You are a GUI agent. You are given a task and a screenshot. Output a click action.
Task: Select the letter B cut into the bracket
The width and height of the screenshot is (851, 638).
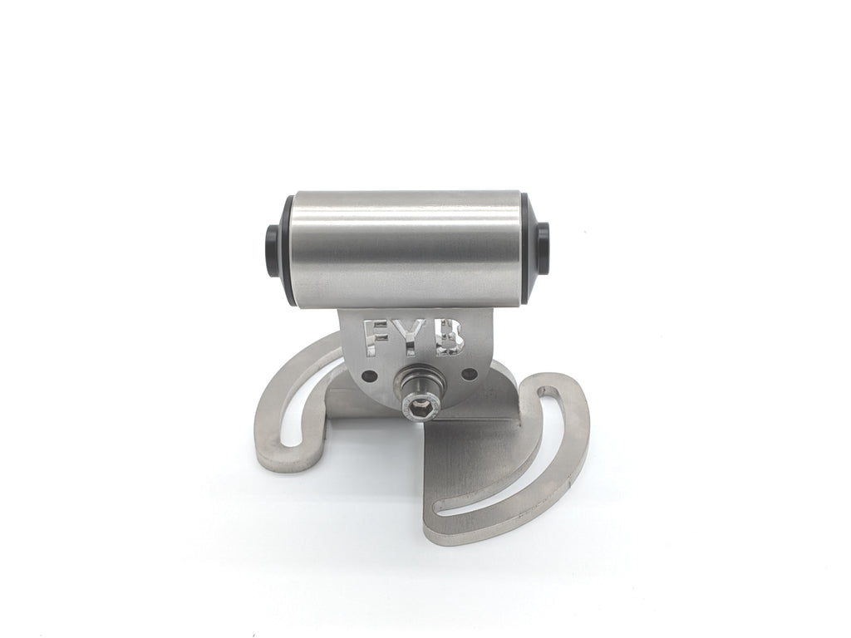pyautogui.click(x=450, y=336)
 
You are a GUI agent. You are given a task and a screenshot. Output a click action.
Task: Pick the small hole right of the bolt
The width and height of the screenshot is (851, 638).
pyautogui.click(x=469, y=373)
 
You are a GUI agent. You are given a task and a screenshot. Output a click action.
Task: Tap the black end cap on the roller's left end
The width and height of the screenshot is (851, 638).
pyautogui.click(x=272, y=240)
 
